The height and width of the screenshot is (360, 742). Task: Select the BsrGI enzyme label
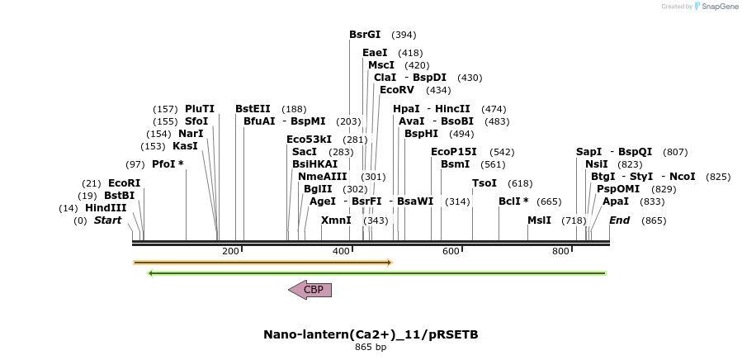(365, 35)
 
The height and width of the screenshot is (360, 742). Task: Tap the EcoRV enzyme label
(397, 90)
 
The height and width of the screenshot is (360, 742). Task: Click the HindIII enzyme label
(106, 208)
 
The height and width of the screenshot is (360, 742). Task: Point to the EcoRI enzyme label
(125, 183)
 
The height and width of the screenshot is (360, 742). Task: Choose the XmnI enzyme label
(336, 220)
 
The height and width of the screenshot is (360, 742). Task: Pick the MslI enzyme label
(539, 220)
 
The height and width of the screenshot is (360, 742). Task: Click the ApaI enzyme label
(616, 201)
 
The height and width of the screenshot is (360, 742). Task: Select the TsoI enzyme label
(484, 183)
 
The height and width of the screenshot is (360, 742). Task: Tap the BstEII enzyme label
(253, 109)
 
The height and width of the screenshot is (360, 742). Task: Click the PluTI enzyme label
(200, 109)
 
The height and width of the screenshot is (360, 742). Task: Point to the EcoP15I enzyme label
(454, 152)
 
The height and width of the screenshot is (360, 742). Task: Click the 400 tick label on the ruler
(341, 251)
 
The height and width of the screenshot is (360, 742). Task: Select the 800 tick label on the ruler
(560, 251)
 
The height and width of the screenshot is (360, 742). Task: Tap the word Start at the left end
(107, 220)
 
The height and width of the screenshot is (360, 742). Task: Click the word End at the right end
(620, 220)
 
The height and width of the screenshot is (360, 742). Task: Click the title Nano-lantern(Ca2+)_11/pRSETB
(371, 334)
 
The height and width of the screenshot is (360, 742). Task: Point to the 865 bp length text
(371, 348)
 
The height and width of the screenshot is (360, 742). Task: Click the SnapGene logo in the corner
(716, 7)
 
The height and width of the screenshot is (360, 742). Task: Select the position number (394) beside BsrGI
(404, 35)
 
